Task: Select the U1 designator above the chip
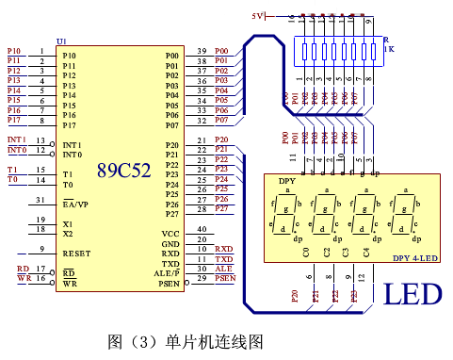pos(61,41)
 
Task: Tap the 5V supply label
pos(258,16)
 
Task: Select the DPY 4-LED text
pos(413,257)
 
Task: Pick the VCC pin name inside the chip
pos(170,233)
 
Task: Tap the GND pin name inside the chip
pos(170,243)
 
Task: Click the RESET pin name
pos(76,254)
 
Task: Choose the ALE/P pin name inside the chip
pos(167,273)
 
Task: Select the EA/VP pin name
pos(75,204)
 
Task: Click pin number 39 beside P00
pos(202,51)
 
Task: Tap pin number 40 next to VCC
pos(202,230)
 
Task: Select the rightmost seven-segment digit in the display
pos(406,214)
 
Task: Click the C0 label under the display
pos(306,252)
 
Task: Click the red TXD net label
pos(223,258)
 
